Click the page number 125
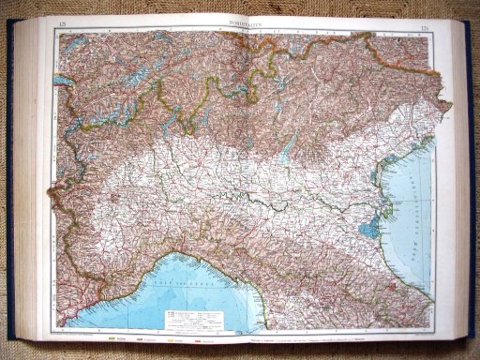62,23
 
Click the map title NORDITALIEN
246,23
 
